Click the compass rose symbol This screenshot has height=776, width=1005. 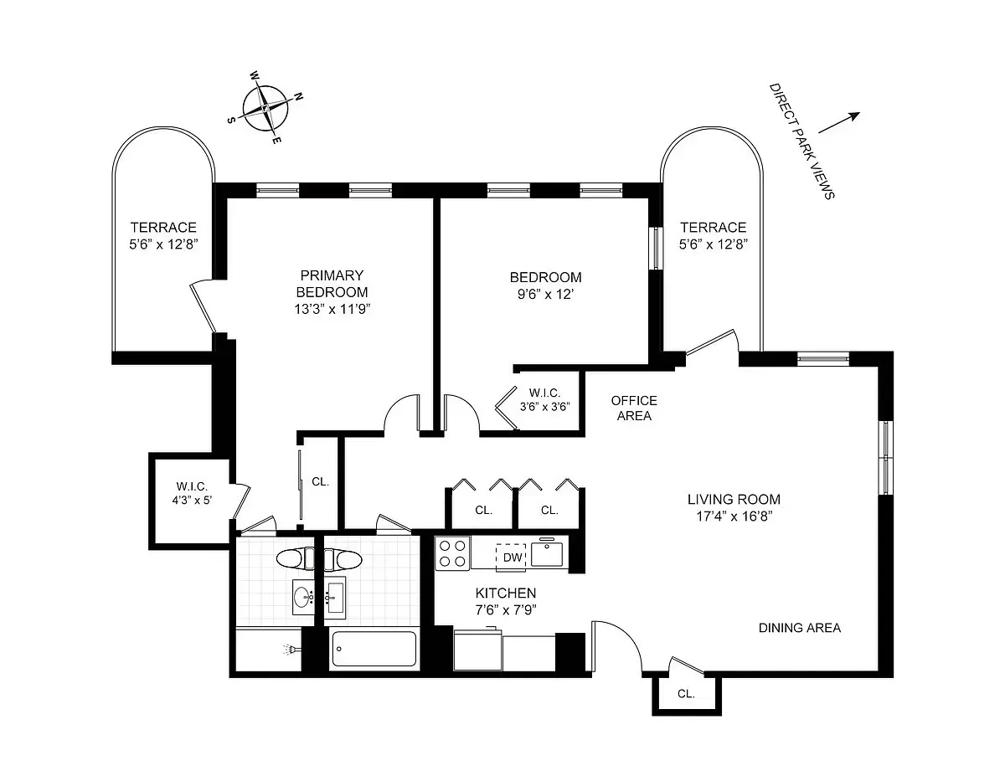coord(265,109)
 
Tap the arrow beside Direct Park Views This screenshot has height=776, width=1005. coord(839,122)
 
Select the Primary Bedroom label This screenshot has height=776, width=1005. coord(332,284)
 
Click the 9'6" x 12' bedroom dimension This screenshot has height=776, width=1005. coord(545,294)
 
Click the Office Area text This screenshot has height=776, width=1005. coord(633,408)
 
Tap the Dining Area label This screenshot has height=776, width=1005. coord(799,628)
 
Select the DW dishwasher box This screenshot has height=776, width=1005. coord(510,556)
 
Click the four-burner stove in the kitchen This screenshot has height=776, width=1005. coord(453,554)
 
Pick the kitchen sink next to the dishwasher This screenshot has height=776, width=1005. coord(549,554)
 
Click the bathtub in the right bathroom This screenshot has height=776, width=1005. coord(374,649)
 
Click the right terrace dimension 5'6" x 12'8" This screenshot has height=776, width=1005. coord(713,244)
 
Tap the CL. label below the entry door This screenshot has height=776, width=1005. coord(686,693)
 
